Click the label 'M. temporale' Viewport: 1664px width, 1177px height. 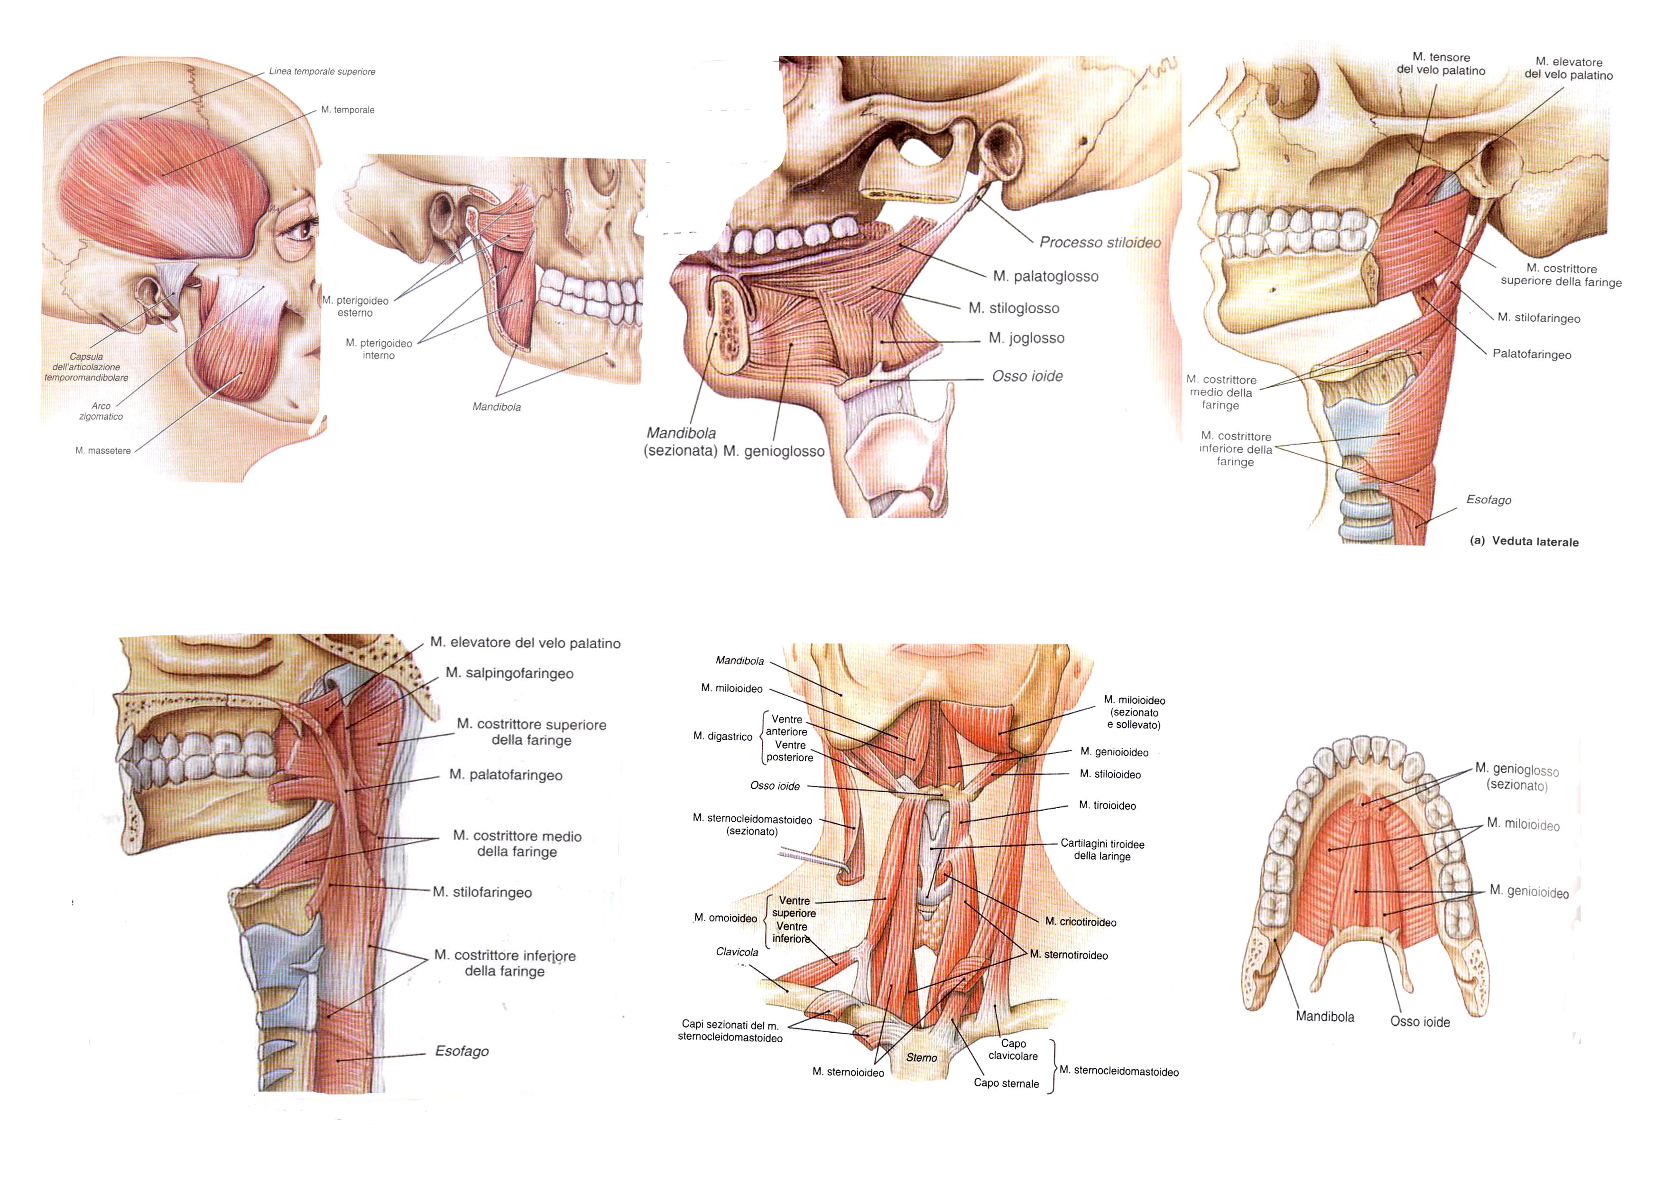[348, 110]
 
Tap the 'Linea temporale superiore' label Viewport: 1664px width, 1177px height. [322, 72]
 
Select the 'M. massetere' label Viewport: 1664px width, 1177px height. [103, 451]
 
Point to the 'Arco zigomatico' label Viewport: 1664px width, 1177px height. [101, 411]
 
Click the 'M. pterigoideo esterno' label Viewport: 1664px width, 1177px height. [355, 307]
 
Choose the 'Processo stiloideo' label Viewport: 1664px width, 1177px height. [1100, 242]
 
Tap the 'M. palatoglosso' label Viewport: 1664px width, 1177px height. [1045, 276]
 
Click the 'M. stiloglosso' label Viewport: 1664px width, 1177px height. [1013, 308]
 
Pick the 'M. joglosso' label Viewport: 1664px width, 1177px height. [1026, 338]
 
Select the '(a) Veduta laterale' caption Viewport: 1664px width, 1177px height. [1524, 542]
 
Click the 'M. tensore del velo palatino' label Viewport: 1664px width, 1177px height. [1441, 64]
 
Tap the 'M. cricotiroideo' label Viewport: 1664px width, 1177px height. [1080, 923]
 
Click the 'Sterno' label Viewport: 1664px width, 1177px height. [921, 1057]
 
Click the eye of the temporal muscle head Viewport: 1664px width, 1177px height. [302, 231]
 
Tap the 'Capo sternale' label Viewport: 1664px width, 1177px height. [1006, 1084]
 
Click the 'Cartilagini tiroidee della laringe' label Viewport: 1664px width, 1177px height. [1101, 850]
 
